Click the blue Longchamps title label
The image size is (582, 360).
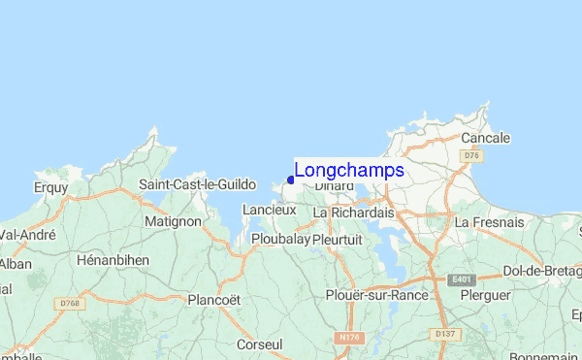click(349, 171)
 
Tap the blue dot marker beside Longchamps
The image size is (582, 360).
click(291, 180)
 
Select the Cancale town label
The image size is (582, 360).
click(485, 138)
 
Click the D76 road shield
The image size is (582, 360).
click(471, 155)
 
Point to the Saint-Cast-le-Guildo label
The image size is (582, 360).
click(197, 184)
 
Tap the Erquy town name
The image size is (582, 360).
click(50, 186)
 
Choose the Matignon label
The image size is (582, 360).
click(173, 221)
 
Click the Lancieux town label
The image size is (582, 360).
click(269, 210)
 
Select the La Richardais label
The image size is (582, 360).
click(362, 212)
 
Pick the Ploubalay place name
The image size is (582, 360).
click(279, 238)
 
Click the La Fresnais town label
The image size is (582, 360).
click(489, 222)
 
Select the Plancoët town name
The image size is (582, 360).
click(213, 299)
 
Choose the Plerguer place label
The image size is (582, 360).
click(485, 294)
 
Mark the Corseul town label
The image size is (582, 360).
click(259, 344)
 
